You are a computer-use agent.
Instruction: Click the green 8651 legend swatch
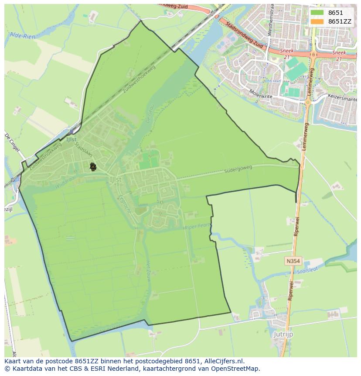coord(317,13)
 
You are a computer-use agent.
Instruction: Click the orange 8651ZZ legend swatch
coord(317,21)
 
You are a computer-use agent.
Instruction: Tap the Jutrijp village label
coord(283,335)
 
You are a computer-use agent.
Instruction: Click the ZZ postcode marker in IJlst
coord(92,166)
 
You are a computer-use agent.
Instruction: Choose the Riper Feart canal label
coord(198,227)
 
